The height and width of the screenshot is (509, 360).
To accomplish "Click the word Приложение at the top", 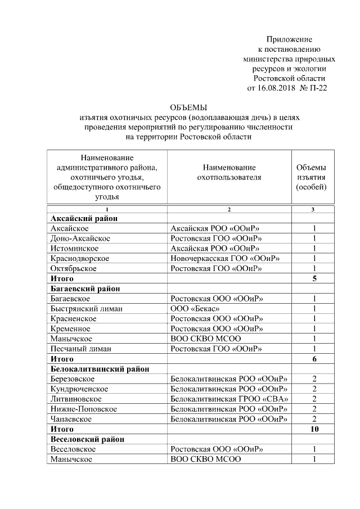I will click(289, 39).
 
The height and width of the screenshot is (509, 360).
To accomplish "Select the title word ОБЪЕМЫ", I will click(188, 107).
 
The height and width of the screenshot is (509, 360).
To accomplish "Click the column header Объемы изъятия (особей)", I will click(313, 177).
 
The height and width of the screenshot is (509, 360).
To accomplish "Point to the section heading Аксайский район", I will click(84, 218).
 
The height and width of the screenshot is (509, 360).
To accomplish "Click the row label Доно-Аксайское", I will click(80, 238).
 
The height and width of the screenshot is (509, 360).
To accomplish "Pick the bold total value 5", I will click(314, 278).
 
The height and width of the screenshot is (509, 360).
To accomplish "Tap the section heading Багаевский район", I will click(86, 289).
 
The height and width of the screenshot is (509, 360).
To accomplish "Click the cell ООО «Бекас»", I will click(195, 308).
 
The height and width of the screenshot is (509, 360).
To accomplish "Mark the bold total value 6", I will click(314, 359).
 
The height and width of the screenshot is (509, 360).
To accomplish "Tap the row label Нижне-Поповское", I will click(84, 409).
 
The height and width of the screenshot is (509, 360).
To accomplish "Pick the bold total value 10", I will click(314, 429).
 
